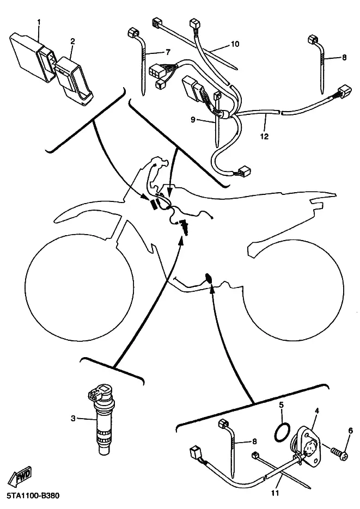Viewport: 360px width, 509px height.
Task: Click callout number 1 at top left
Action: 39,22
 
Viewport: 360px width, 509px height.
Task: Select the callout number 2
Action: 73,41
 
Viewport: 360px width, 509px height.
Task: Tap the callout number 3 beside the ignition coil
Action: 74,418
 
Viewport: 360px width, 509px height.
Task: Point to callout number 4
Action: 317,411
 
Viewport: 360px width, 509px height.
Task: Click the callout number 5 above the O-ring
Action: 281,404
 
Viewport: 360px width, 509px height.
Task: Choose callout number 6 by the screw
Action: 350,431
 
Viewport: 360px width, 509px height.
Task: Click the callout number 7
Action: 168,52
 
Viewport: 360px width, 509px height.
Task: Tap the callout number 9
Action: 193,120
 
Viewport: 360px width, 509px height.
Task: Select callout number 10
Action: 235,44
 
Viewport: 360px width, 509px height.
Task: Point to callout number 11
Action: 275,493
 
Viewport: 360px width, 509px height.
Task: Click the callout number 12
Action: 265,136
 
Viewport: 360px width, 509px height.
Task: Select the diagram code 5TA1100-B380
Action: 33,496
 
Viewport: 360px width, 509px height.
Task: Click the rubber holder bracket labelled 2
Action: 75,81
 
